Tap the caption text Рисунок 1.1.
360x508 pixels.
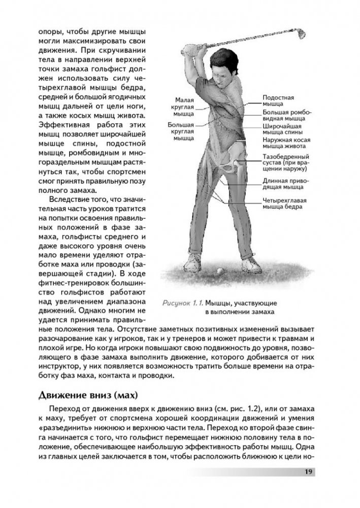click(x=180, y=303)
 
